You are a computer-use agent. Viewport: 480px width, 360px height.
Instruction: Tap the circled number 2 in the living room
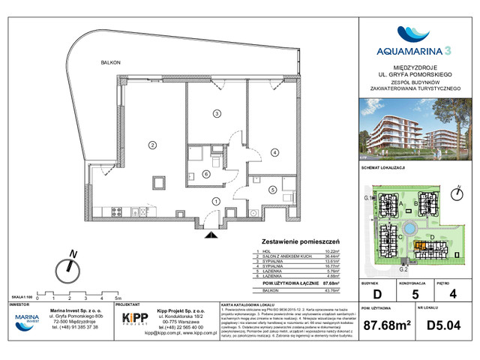pos(151,144)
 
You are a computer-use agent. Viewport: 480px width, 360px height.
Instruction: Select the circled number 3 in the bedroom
pos(216,114)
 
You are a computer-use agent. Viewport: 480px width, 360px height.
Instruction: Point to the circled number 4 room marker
pos(275,153)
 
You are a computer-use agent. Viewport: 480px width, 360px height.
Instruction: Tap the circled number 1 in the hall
pos(216,200)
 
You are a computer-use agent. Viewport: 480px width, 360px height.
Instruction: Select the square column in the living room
pos(159,182)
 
